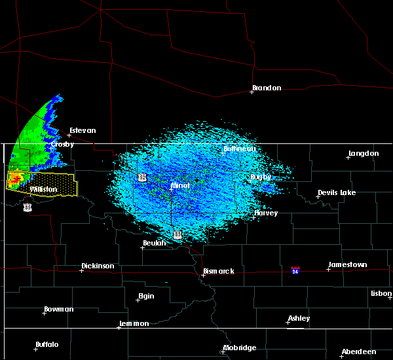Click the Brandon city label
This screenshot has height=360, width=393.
coord(267,88)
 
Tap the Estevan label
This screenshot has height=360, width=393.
coord(83,130)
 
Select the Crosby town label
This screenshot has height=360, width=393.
coord(63,144)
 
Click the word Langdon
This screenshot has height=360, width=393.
coord(364,154)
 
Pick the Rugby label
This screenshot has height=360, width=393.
coord(261,177)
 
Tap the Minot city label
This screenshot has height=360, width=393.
coord(179,185)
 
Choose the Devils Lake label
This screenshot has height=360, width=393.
coord(337,193)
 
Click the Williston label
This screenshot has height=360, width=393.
coord(43,189)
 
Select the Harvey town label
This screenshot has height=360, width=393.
coord(266,213)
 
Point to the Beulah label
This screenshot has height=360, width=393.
coord(157,243)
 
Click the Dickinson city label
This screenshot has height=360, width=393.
coord(98,266)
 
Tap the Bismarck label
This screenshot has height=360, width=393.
coord(219,271)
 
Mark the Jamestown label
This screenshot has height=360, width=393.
coord(348,264)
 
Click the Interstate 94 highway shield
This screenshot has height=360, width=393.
coord(295,270)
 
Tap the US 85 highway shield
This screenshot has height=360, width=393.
coord(27,207)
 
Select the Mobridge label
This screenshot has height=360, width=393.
coord(239,348)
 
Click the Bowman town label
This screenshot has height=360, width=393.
coord(59,309)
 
